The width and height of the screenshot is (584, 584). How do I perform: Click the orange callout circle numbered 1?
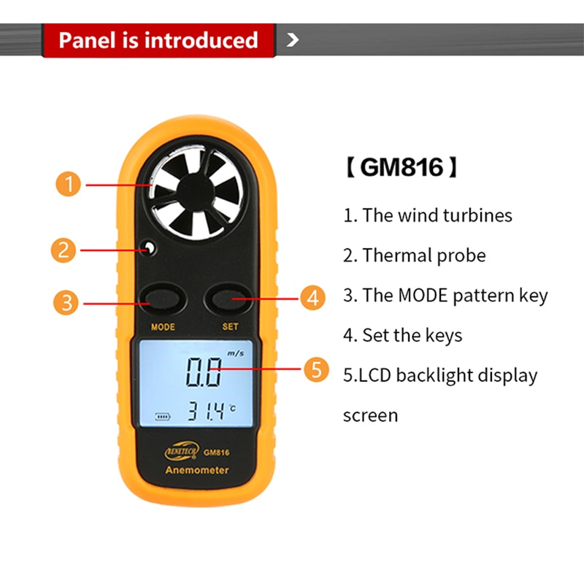68,184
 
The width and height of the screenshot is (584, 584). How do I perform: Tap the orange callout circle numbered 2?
64,250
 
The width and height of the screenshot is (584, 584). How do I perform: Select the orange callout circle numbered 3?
68,301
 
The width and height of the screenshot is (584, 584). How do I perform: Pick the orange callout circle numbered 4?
313,298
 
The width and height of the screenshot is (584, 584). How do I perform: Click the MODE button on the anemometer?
161,298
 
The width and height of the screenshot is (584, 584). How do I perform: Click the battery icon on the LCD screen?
160,418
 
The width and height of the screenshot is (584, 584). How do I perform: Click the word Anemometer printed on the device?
196,470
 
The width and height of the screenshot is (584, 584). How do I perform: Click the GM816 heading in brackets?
401,169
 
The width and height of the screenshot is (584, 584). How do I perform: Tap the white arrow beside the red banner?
293,39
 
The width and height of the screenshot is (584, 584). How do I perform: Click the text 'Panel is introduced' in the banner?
158,39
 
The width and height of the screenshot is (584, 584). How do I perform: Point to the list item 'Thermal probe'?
415,255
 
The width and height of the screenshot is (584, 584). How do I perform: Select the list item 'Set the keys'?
403,335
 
